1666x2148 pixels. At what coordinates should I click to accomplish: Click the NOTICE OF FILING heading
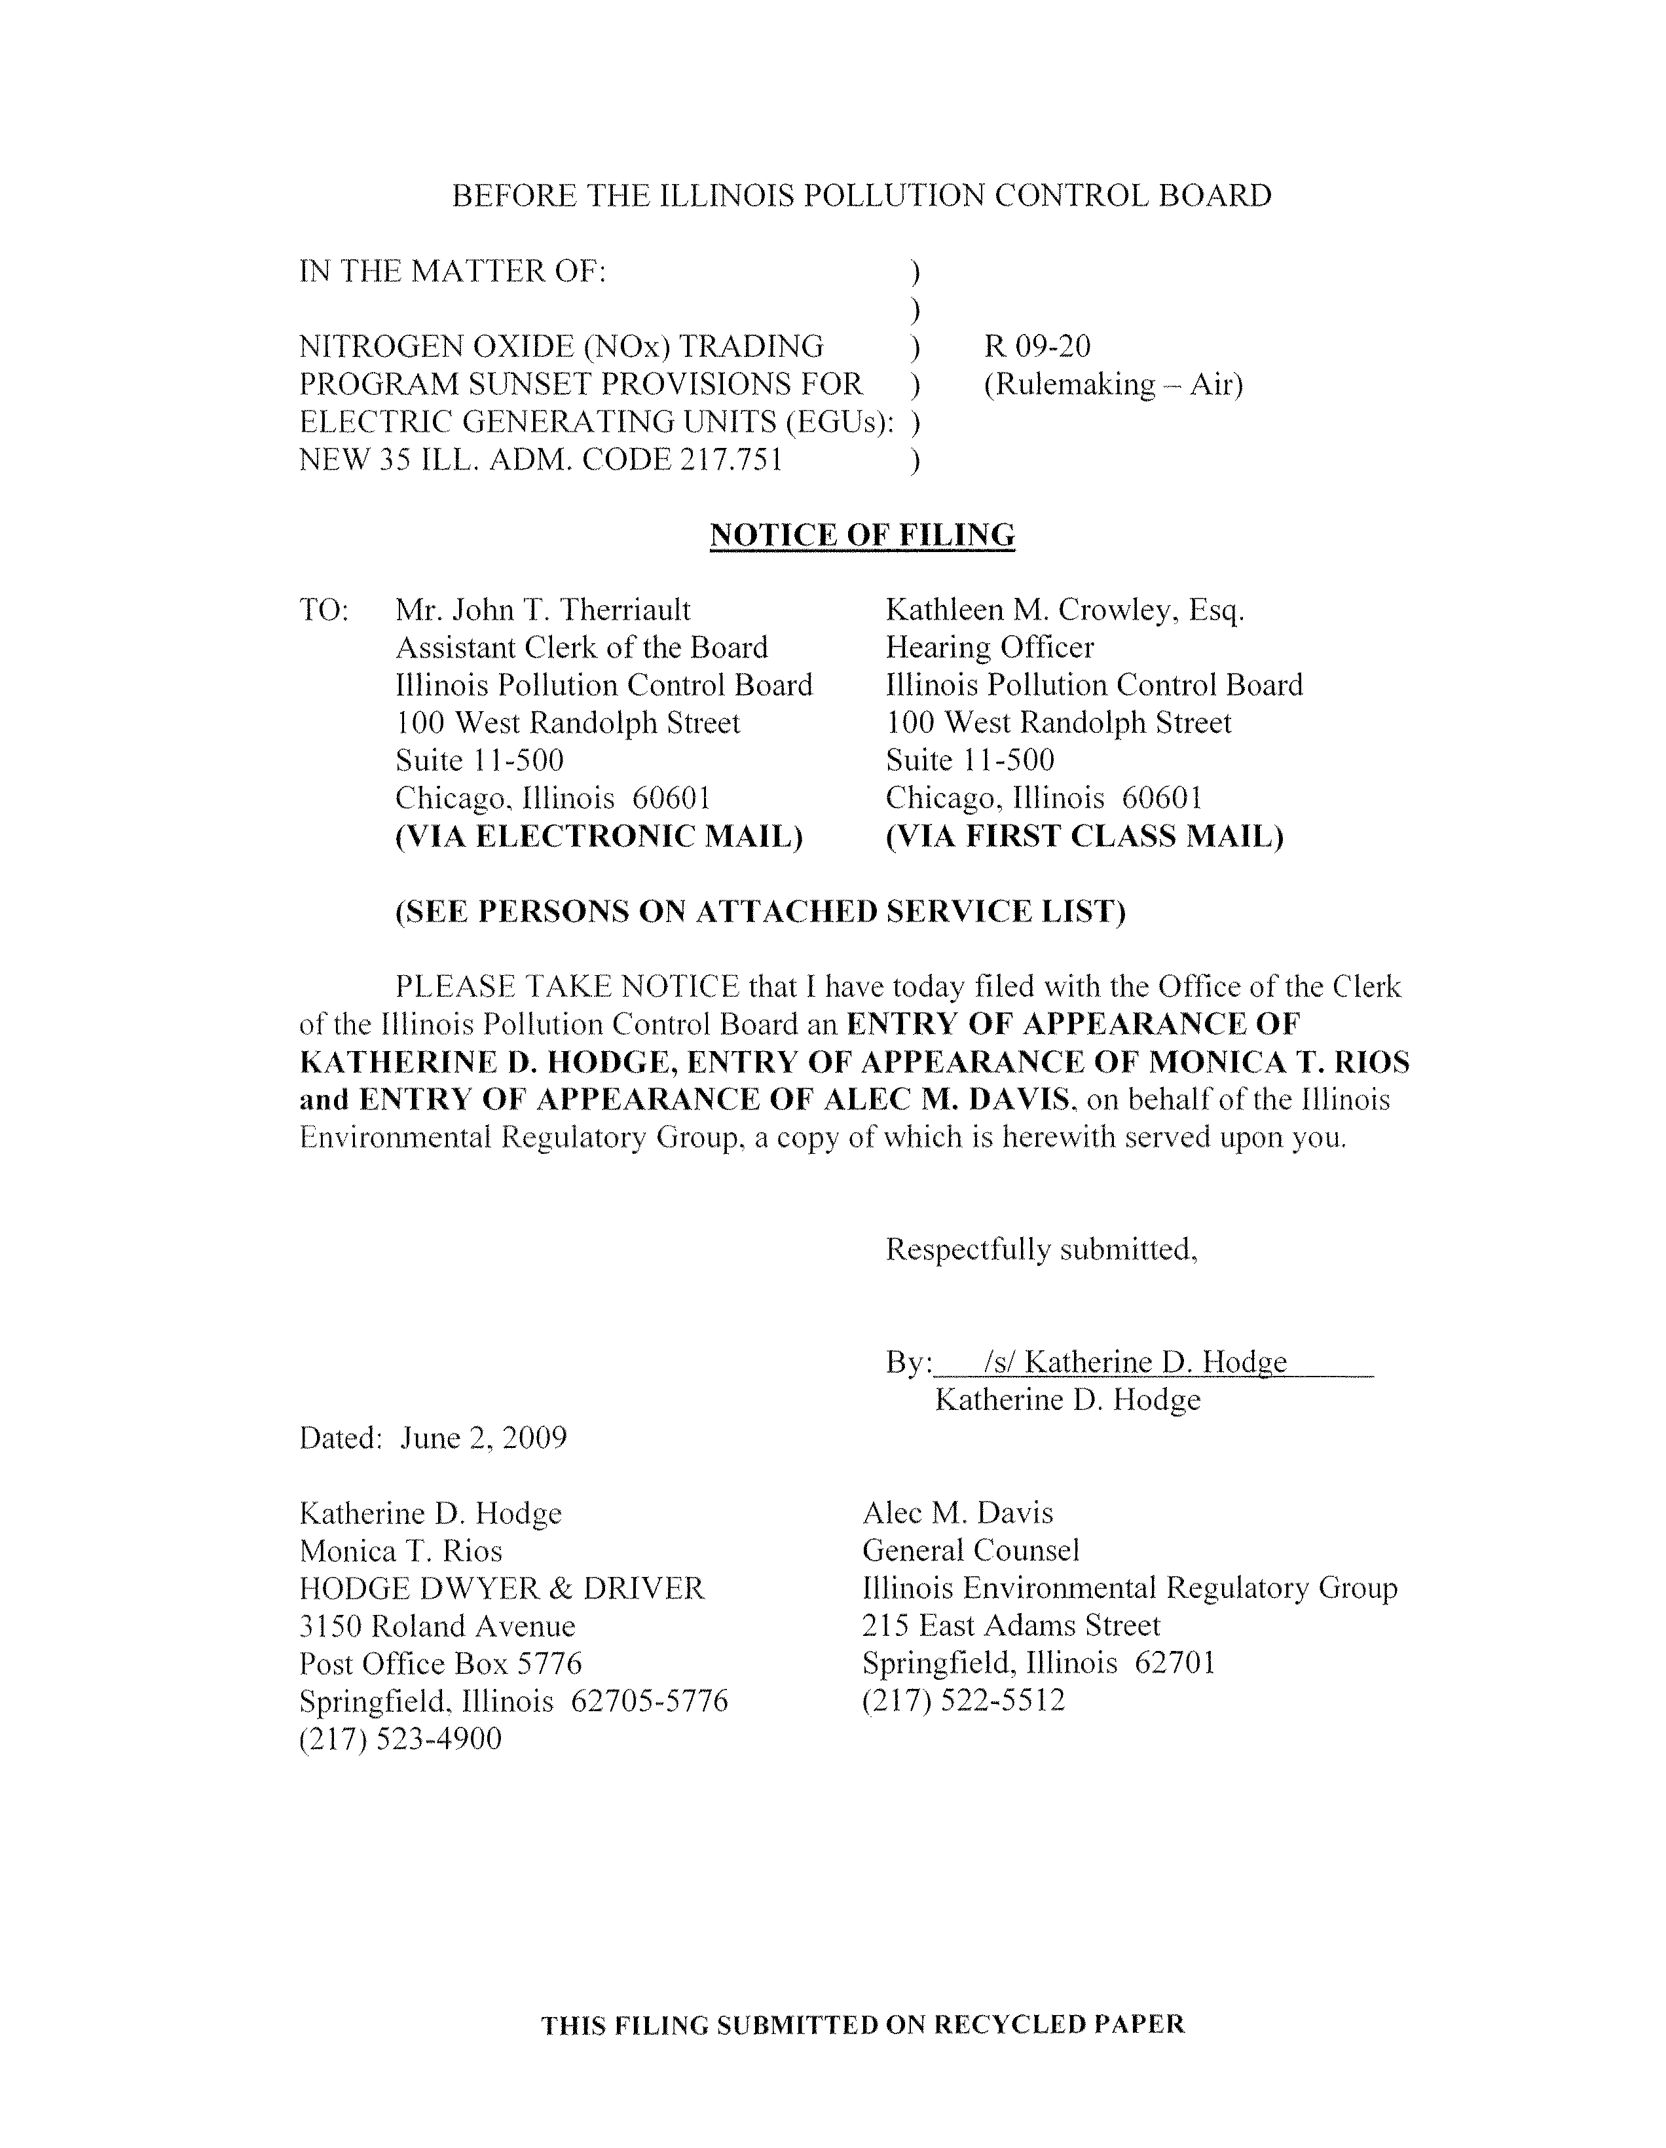tap(862, 535)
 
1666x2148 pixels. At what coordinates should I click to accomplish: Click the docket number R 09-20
tap(1037, 346)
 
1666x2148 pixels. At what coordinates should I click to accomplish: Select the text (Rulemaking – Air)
tap(1113, 384)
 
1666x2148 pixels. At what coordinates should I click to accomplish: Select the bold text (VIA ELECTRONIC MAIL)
tap(599, 836)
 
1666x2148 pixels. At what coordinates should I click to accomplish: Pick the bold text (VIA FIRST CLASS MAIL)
tap(1084, 836)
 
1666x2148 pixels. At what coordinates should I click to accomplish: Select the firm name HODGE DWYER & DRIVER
tap(502, 1588)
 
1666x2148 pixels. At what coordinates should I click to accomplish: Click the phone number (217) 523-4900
tap(400, 1739)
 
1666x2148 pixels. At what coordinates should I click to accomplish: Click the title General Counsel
tap(971, 1551)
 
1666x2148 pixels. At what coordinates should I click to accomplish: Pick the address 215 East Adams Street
tap(1011, 1626)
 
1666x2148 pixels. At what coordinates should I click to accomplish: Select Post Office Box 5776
tap(441, 1663)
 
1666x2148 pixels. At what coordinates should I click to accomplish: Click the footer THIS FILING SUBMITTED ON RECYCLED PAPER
tap(862, 2024)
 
